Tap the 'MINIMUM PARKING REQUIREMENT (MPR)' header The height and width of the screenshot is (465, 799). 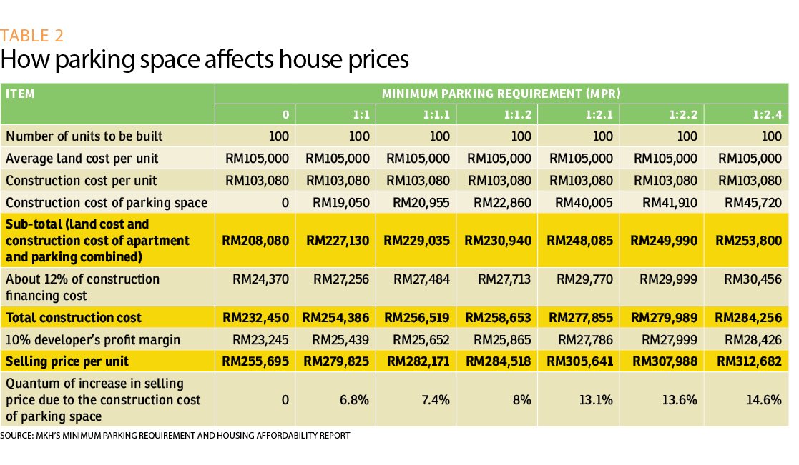pos(501,94)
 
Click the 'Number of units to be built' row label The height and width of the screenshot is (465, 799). pos(84,136)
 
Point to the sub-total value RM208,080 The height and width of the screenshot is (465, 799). pos(256,241)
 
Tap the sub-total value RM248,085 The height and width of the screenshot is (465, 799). pos(580,241)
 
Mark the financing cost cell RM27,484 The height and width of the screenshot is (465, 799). pos(418,279)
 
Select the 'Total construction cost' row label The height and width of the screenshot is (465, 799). pos(74,318)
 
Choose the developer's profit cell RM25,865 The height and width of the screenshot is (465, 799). pos(499,339)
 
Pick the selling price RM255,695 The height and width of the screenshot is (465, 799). pos(256,361)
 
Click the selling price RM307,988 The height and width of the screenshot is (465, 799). pos(663,361)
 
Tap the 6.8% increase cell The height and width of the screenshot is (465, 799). pos(355,400)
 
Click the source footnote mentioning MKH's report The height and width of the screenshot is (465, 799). pos(175,435)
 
